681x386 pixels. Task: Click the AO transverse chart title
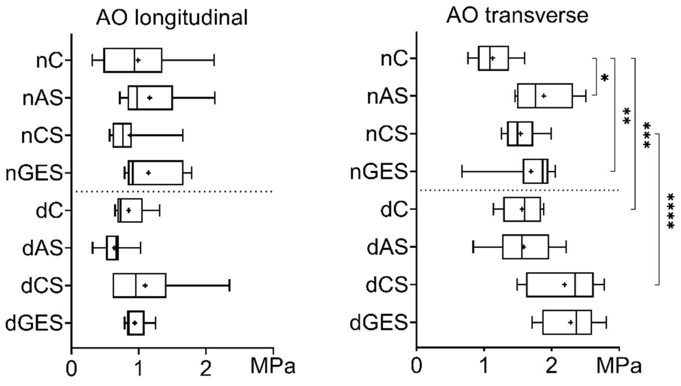pyautogui.click(x=517, y=16)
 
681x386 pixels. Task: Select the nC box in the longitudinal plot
pyautogui.click(x=133, y=60)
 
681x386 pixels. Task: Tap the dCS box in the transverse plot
pyautogui.click(x=559, y=285)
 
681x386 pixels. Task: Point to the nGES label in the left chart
pyautogui.click(x=34, y=173)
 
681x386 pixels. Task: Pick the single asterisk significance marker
pyautogui.click(x=605, y=78)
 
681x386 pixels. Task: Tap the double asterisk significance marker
pyautogui.click(x=626, y=116)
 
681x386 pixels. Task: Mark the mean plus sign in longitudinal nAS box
pyautogui.click(x=149, y=98)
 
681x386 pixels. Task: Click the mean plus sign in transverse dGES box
pyautogui.click(x=571, y=322)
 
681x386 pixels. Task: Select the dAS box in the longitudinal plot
pyautogui.click(x=112, y=248)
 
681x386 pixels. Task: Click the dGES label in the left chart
pyautogui.click(x=34, y=323)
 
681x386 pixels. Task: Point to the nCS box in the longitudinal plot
pyautogui.click(x=122, y=135)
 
